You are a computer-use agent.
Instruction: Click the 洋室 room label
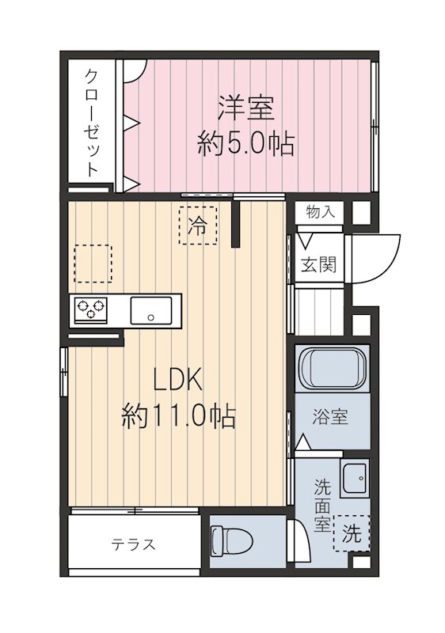coord(246,108)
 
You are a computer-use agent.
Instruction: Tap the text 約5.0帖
coord(245,144)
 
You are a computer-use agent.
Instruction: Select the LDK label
coord(177,380)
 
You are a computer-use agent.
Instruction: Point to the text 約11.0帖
coord(178,416)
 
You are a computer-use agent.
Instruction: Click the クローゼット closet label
coord(93,123)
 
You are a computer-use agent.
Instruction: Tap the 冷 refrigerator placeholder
coord(198,226)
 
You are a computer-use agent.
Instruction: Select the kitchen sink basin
coord(151,310)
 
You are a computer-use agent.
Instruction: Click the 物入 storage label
coord(320,211)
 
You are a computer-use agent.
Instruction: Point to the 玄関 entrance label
coord(318,265)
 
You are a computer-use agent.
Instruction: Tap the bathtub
coord(333,369)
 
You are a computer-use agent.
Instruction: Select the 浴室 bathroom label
coord(330,417)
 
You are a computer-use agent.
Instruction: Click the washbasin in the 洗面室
coord(355,478)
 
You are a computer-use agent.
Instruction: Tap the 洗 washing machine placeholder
coord(352,533)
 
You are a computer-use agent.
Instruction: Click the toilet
coord(231,540)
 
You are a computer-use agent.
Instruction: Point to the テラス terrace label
coord(134,544)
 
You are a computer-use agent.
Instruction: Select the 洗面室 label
coord(322,506)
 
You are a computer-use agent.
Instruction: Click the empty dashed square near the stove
coord(93,263)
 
